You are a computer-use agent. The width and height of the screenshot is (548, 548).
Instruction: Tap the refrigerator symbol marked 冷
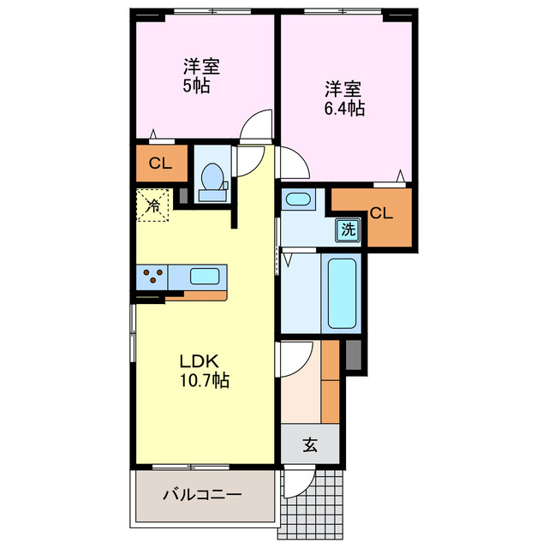152,205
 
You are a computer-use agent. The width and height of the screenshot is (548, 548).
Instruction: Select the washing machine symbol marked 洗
348,229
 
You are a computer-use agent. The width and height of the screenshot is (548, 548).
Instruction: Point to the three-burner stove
152,277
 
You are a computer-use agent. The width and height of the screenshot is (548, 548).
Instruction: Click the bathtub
341,292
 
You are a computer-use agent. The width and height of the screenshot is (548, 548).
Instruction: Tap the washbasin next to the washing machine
298,200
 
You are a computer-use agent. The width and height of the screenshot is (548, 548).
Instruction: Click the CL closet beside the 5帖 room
158,164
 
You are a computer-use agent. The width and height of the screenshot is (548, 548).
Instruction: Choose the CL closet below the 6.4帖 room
381,214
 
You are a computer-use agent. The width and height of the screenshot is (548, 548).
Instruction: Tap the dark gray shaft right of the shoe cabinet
354,355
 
